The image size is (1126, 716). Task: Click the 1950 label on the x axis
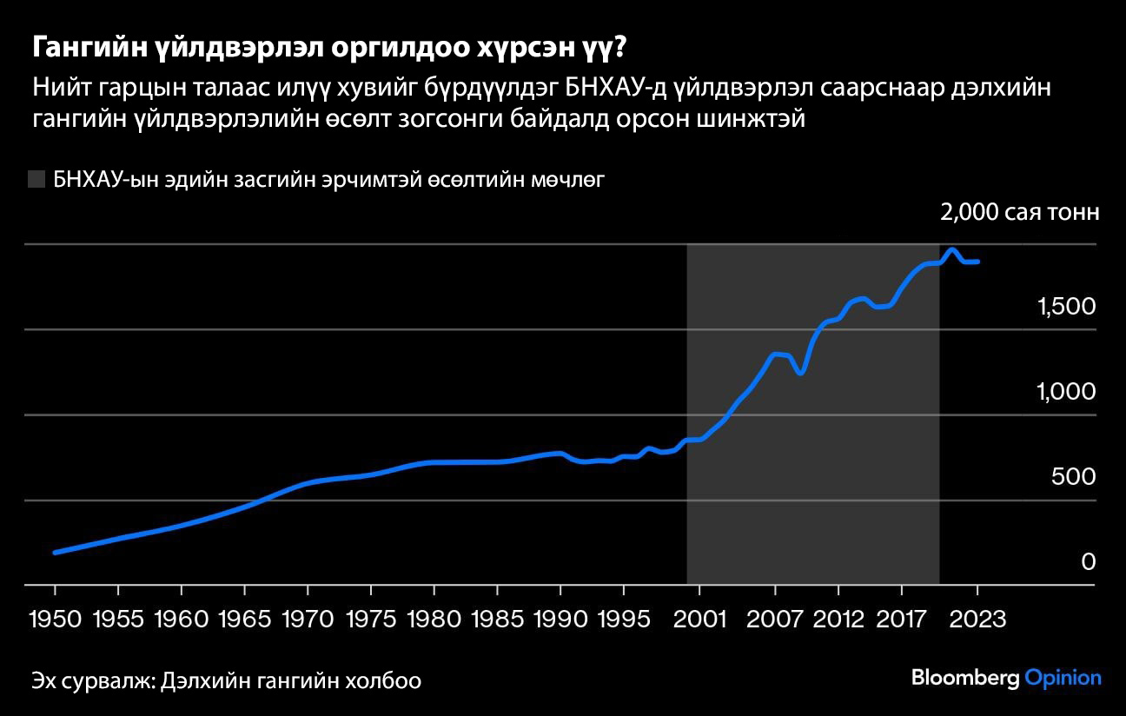pos(55,619)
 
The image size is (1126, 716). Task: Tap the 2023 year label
pos(977,619)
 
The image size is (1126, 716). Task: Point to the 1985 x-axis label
pos(497,619)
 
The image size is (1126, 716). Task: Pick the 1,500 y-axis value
pos(1066,307)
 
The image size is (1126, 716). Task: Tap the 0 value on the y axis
pos(1089,562)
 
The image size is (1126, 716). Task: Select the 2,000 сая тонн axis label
pos(1019,213)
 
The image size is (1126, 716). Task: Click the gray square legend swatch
pos(36,180)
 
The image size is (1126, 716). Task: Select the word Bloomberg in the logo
pos(964,678)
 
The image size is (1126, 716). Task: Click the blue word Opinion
pos(1063,679)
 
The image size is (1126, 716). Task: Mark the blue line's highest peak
pos(952,250)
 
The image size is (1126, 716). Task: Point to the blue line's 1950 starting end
pos(55,552)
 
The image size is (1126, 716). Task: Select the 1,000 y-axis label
pos(1066,392)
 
